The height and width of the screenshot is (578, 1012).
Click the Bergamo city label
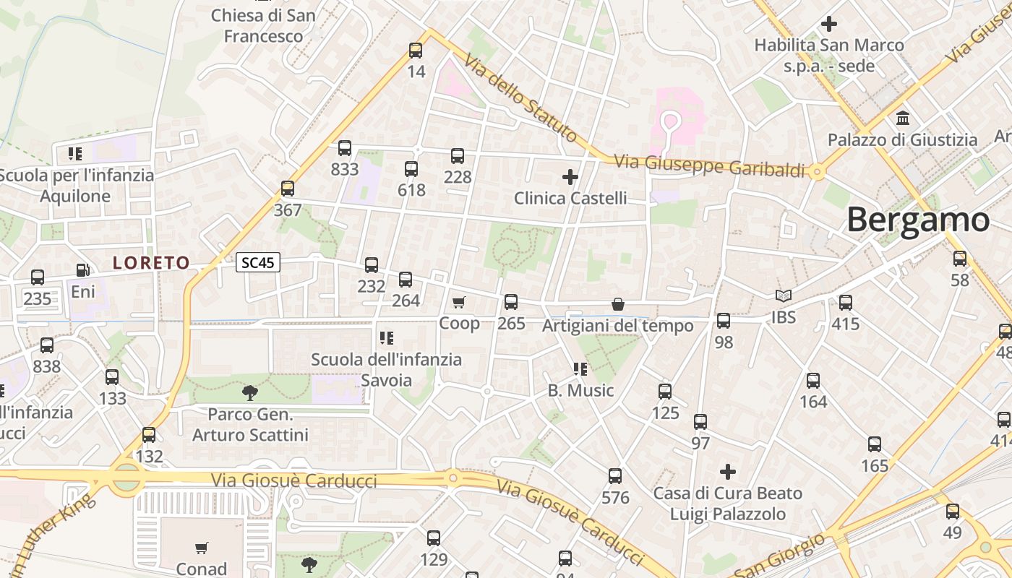tap(917, 220)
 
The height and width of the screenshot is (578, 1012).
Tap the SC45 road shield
tap(258, 262)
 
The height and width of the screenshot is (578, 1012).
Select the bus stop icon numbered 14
tap(416, 51)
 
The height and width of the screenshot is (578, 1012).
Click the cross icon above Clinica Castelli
tap(570, 176)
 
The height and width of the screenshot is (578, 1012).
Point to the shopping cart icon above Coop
tap(459, 302)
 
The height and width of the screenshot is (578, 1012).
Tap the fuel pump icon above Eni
tap(83, 270)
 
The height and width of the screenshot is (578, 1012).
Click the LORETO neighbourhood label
tap(151, 263)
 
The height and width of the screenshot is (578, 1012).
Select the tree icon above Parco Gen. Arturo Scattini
tap(250, 393)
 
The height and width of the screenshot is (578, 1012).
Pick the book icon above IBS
tap(784, 296)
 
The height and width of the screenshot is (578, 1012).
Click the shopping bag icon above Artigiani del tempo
tap(618, 304)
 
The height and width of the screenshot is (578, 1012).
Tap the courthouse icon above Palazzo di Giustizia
tap(903, 118)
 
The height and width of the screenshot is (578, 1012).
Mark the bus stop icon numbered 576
tap(615, 476)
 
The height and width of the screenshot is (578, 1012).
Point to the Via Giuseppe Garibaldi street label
tap(709, 166)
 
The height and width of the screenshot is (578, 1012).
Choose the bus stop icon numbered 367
tap(288, 189)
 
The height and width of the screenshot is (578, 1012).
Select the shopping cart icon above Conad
tap(202, 548)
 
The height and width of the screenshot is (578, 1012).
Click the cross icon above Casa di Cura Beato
tap(728, 472)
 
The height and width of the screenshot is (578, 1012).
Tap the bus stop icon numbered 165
tap(875, 444)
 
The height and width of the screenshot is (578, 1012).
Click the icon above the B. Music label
tap(580, 369)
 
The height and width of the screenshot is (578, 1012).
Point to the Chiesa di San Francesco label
tap(263, 25)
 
